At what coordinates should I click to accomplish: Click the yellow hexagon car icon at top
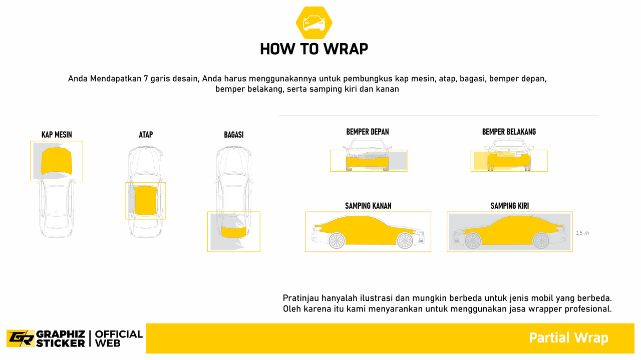314,23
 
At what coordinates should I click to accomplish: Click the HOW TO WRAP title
314,49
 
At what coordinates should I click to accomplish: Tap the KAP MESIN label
57,135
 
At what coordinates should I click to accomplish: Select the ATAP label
146,135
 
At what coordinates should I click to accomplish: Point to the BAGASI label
234,135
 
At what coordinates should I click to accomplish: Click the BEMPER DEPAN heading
368,132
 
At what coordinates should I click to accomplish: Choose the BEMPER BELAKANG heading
509,132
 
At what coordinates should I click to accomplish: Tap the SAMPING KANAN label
368,206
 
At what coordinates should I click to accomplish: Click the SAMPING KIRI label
509,206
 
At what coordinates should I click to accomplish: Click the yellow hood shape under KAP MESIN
57,162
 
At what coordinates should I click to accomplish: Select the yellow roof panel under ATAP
146,200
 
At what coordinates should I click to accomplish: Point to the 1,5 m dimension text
582,233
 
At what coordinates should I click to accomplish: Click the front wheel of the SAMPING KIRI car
472,241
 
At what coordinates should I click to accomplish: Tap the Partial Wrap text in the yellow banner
568,338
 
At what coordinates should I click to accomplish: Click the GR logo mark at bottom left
20,338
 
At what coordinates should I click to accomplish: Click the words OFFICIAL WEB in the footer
119,338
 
